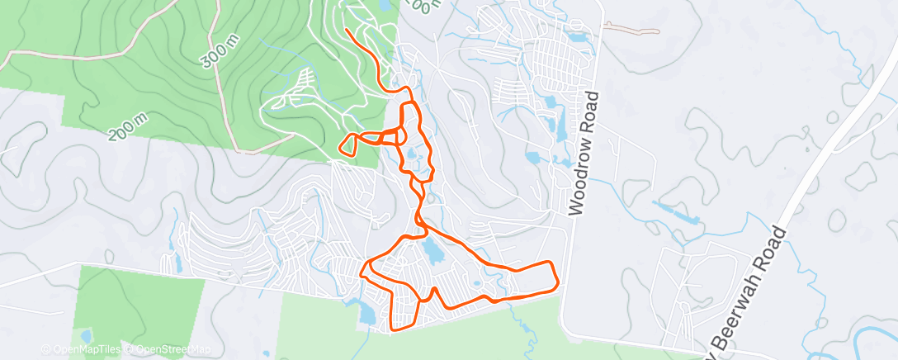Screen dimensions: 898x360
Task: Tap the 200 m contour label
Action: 128,124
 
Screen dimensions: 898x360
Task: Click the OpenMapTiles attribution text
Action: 83,349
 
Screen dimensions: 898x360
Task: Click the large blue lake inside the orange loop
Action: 429,248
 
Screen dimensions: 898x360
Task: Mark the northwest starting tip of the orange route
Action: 347,31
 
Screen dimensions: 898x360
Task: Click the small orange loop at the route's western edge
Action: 348,144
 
